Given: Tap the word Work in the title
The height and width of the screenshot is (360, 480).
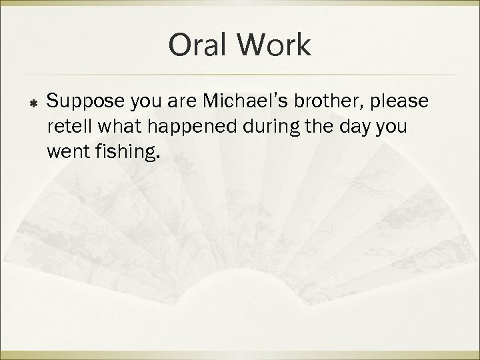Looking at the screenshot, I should pos(274,46).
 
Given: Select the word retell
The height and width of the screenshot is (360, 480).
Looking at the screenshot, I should pos(69,127).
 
